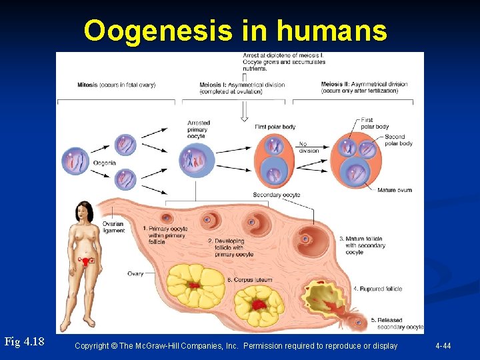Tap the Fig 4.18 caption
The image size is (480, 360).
point(24,342)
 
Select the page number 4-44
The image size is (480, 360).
point(443,346)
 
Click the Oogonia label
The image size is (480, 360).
point(104,163)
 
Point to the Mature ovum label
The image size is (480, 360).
point(395,190)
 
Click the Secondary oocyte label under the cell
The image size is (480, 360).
point(277,195)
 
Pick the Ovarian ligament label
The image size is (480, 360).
point(113,227)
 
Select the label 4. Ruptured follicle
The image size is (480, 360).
point(377,289)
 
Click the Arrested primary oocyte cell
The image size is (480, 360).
point(197,161)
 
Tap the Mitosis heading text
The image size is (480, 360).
point(116,85)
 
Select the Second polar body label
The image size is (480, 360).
point(398,140)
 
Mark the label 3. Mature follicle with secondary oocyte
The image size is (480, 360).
point(365,245)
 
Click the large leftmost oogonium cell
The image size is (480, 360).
point(75,161)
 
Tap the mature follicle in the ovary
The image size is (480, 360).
point(306,238)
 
